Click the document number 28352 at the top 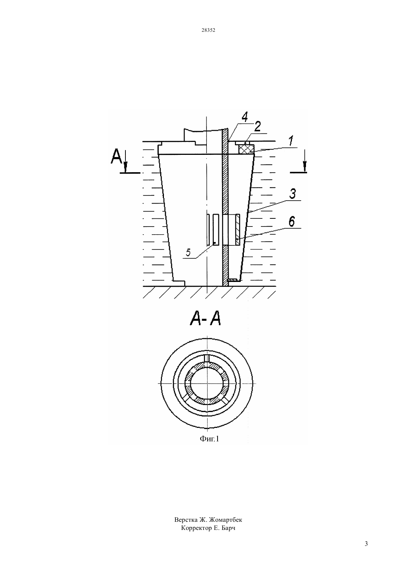pyautogui.click(x=208, y=30)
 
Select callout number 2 pyautogui.click(x=258, y=126)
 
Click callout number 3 pyautogui.click(x=292, y=194)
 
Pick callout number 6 pyautogui.click(x=292, y=222)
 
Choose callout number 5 pyautogui.click(x=188, y=253)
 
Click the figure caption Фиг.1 pyautogui.click(x=209, y=439)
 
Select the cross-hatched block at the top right pyautogui.click(x=246, y=149)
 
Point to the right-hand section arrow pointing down pyautogui.click(x=305, y=161)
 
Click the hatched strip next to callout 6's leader pyautogui.click(x=238, y=229)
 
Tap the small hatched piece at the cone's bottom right pyautogui.click(x=233, y=279)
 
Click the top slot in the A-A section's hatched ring pyautogui.click(x=207, y=358)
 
